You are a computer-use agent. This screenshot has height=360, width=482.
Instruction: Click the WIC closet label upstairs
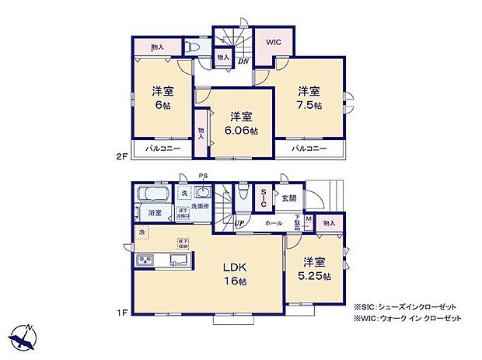tap(274, 43)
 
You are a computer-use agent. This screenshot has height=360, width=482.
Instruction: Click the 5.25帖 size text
tap(315, 276)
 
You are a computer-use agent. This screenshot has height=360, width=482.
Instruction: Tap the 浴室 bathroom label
tap(153, 212)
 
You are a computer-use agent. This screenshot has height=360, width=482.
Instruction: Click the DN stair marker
tap(243, 61)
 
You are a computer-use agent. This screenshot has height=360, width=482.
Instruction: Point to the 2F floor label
tap(120, 156)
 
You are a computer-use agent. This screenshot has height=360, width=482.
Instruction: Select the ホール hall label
tap(274, 223)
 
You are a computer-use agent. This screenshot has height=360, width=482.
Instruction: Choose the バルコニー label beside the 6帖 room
tap(164, 148)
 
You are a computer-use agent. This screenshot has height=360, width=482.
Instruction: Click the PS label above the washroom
tap(203, 177)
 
